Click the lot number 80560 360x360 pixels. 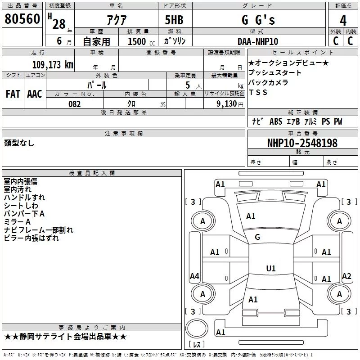pos(22,19)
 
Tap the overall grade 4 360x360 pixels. pos(343,20)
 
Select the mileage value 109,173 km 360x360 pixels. pos(53,65)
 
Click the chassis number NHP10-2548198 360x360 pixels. pos(302,143)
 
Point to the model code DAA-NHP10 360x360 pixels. pos(258,41)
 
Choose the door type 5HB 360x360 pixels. pos(174,20)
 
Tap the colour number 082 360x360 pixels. pos(75,104)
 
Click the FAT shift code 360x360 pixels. pos(13,94)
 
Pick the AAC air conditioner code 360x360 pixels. pos(35,94)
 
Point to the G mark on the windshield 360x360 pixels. pos(257,237)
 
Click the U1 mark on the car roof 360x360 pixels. pos(271,268)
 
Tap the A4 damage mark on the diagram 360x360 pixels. pos(194,276)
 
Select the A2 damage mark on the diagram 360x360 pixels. pos(346,276)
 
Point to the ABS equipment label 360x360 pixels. pos(276,121)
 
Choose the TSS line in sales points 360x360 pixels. pos(258,92)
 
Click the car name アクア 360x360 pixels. pos(117,20)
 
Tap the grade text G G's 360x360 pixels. pos(258,20)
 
